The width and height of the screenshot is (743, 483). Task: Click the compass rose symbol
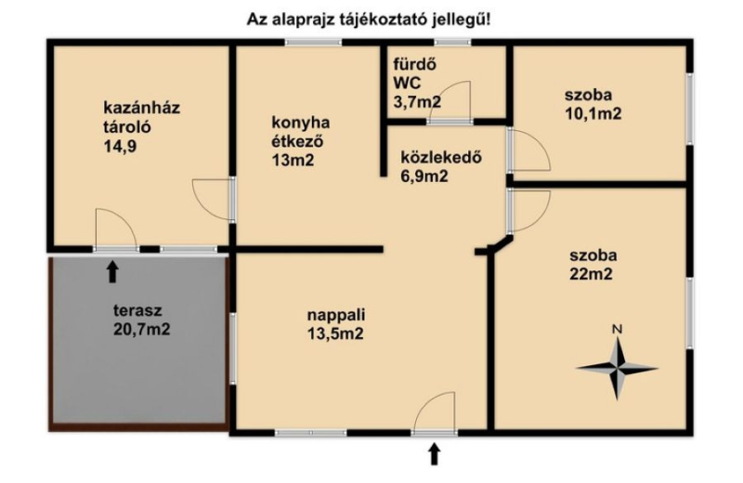[x=617, y=368]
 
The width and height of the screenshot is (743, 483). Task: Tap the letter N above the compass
[x=617, y=329]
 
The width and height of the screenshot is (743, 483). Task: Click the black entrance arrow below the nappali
[x=434, y=453]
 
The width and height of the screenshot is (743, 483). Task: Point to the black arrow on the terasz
[x=111, y=271]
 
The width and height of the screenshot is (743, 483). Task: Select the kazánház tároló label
[x=142, y=117]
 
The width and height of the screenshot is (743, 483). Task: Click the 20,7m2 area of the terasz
[x=142, y=329]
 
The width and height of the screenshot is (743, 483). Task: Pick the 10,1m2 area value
[x=593, y=113]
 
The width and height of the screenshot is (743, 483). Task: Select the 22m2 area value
[x=591, y=274]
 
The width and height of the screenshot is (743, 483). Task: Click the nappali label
[x=336, y=314]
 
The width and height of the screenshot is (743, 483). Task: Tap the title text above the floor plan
[x=369, y=20]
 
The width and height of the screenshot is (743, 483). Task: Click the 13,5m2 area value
[x=335, y=333]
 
